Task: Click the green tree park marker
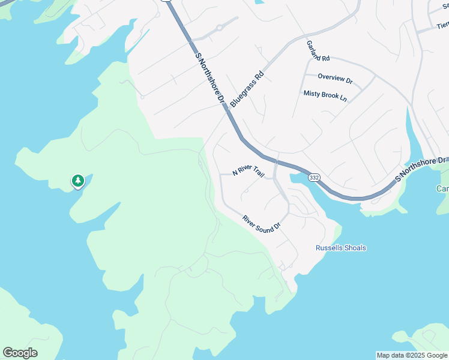(x=77, y=181)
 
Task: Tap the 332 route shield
(x=314, y=178)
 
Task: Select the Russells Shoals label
(x=341, y=248)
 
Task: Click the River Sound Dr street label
(x=262, y=223)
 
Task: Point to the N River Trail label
(x=249, y=171)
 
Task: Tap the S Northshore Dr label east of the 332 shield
(x=421, y=170)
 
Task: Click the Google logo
(x=20, y=353)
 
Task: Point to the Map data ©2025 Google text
(x=412, y=355)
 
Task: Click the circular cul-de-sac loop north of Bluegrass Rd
(x=220, y=27)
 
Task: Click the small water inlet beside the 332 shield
(x=298, y=179)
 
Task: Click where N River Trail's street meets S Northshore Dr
(x=276, y=162)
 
